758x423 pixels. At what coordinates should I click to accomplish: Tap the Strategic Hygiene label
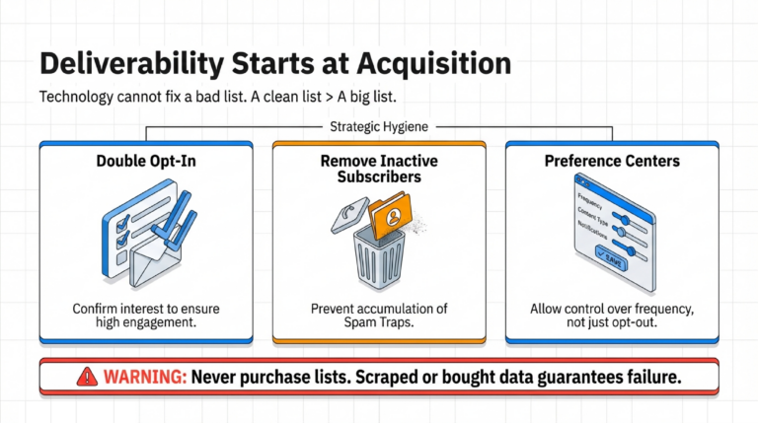tap(378, 126)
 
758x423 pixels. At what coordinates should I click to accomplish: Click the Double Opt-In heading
tap(144, 160)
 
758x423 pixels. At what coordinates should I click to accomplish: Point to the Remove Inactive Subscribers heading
tap(378, 170)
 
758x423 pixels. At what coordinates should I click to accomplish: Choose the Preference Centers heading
tap(612, 160)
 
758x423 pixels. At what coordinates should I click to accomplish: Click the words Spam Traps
tap(378, 323)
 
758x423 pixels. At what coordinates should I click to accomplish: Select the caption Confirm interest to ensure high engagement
tap(144, 316)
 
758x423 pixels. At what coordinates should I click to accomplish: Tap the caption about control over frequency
tap(612, 316)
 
